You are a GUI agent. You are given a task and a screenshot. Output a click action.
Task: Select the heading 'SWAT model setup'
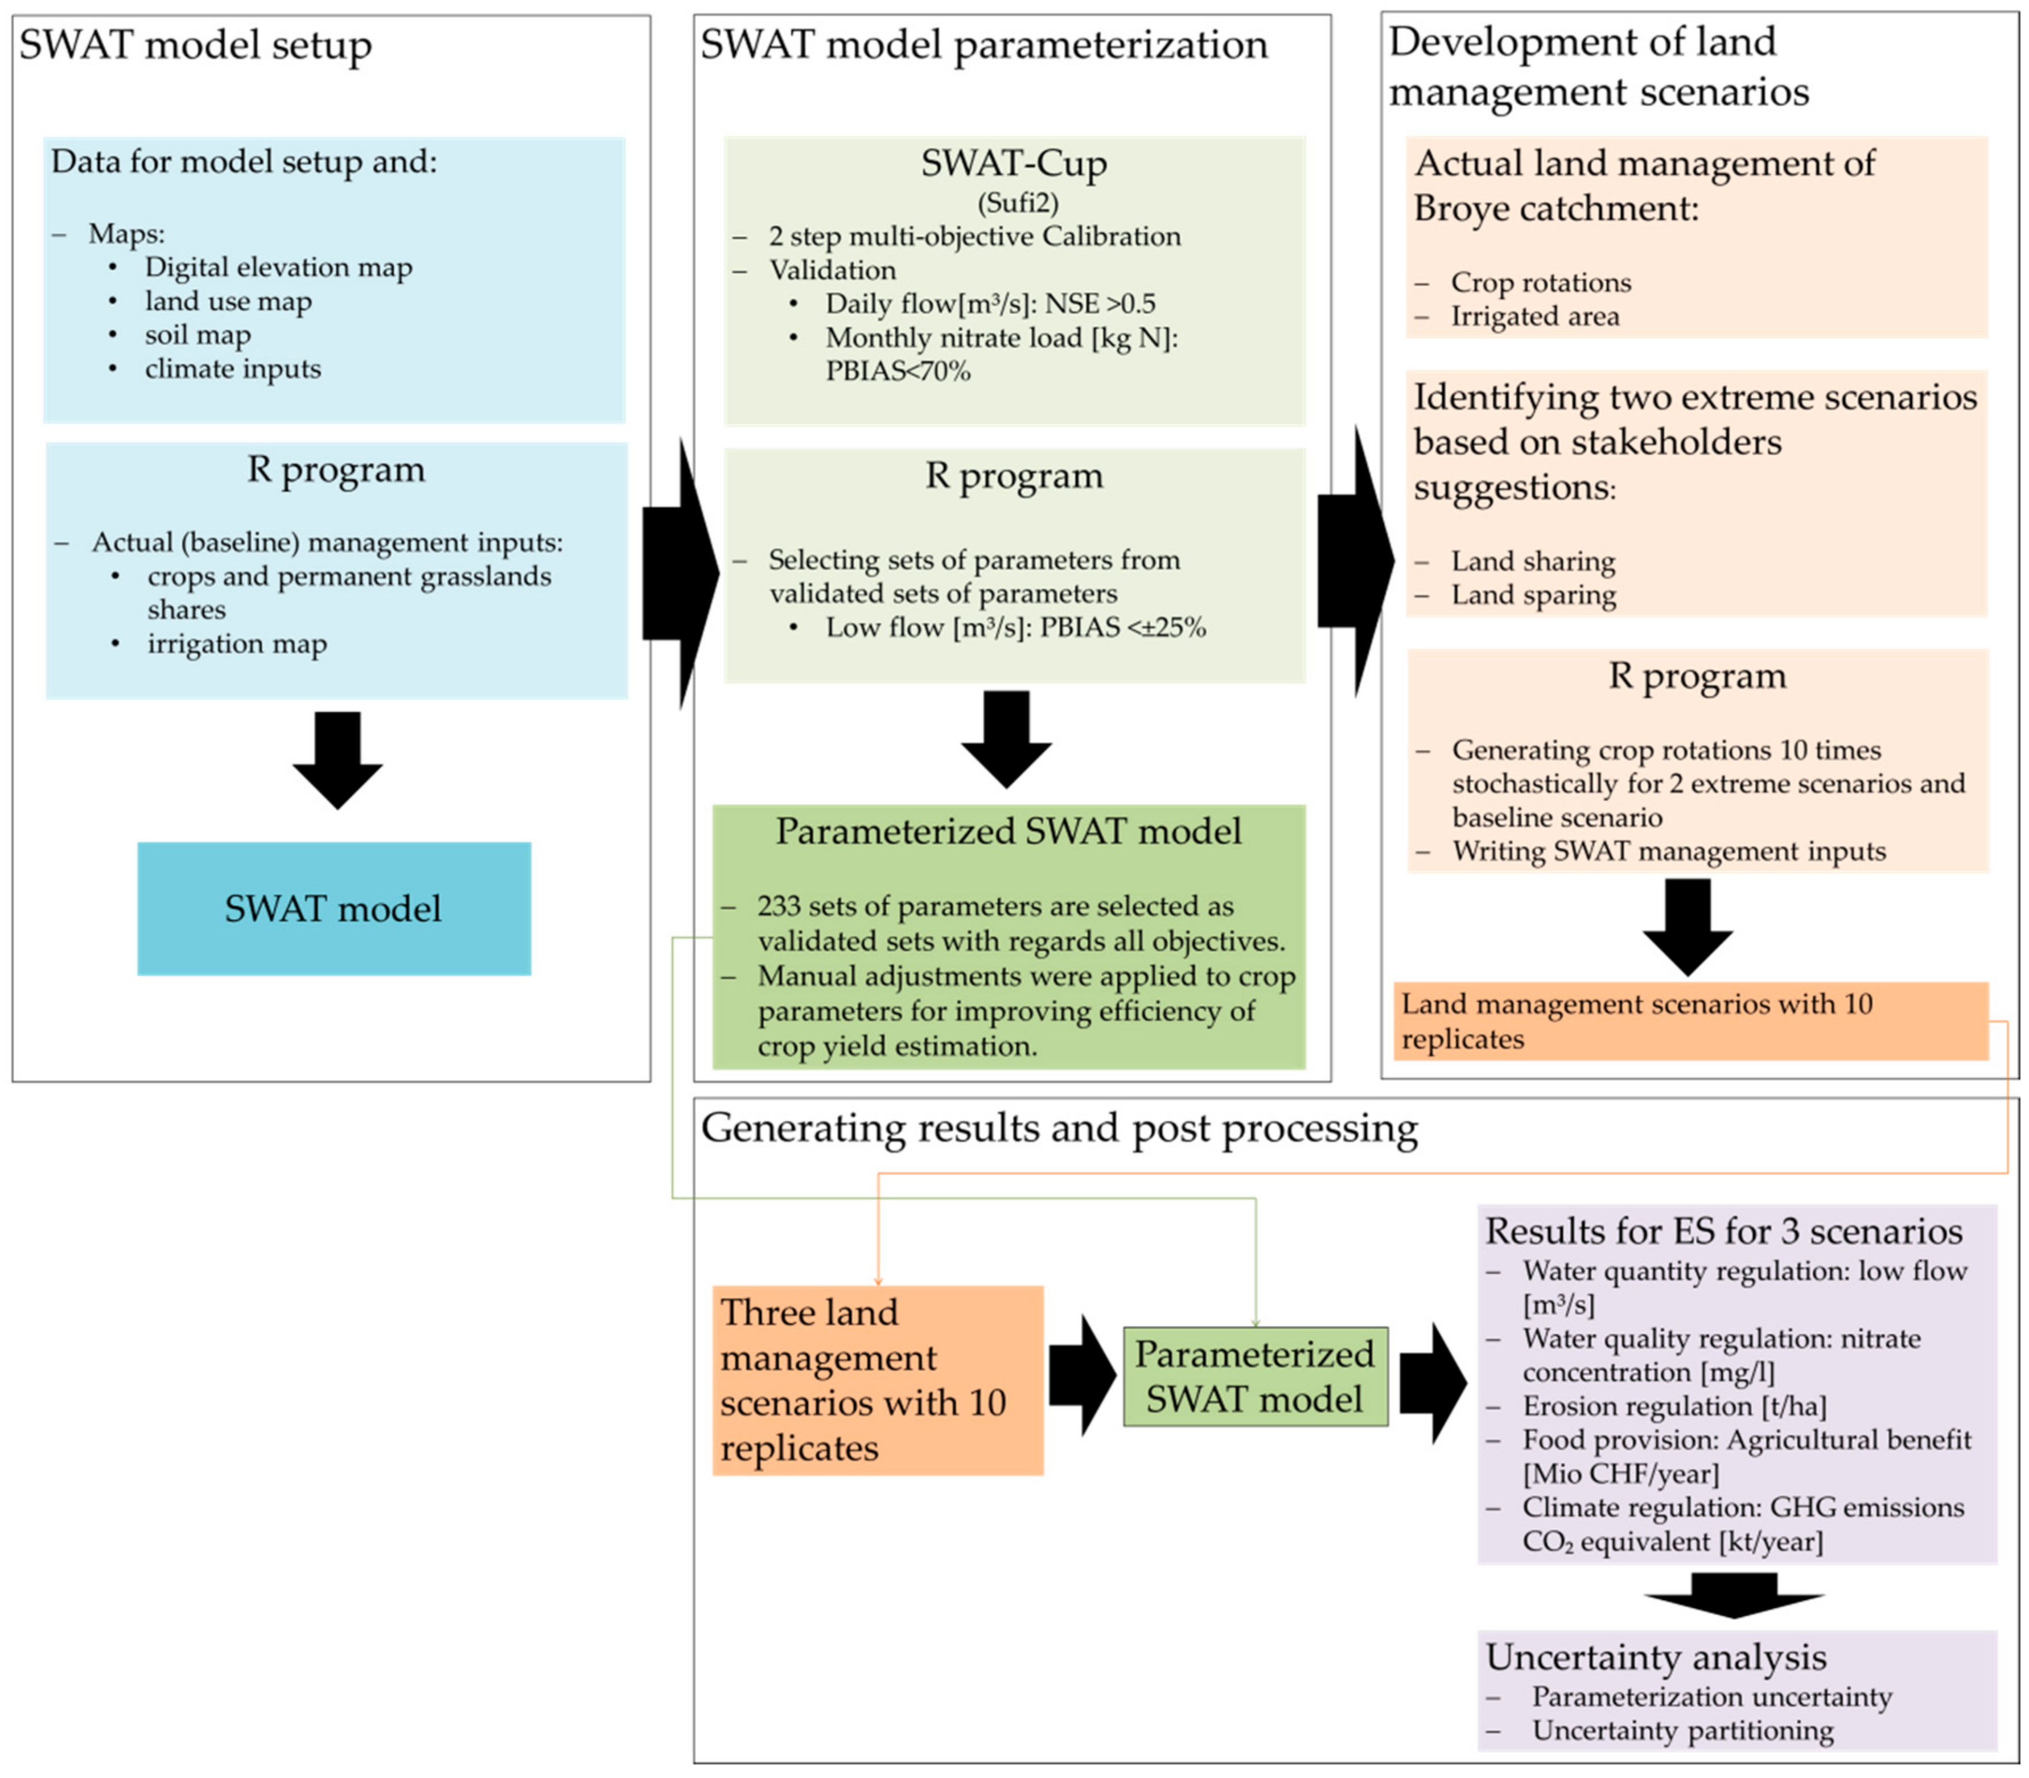tap(195, 44)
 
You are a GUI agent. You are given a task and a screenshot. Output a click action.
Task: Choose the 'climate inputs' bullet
tap(233, 369)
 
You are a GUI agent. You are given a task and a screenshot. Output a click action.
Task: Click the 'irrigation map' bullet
tap(237, 644)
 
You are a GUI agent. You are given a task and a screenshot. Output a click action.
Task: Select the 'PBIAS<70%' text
tap(898, 371)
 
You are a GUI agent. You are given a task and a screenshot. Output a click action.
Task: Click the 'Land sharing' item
tap(1533, 562)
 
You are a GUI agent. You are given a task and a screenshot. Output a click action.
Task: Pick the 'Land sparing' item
tap(1534, 595)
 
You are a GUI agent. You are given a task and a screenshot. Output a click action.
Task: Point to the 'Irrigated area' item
tap(1535, 316)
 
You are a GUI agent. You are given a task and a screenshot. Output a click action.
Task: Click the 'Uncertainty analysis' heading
tap(1656, 1657)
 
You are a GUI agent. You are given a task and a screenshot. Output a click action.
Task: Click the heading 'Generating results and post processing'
tap(1060, 1128)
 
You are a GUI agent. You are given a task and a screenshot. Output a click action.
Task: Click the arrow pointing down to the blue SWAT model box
tap(338, 760)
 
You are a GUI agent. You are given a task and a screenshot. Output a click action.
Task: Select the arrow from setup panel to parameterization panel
tap(681, 574)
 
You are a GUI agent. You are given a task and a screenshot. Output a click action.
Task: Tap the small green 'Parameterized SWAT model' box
tap(1255, 1376)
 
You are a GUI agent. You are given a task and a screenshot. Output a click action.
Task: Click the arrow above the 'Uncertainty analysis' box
tap(1734, 1591)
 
